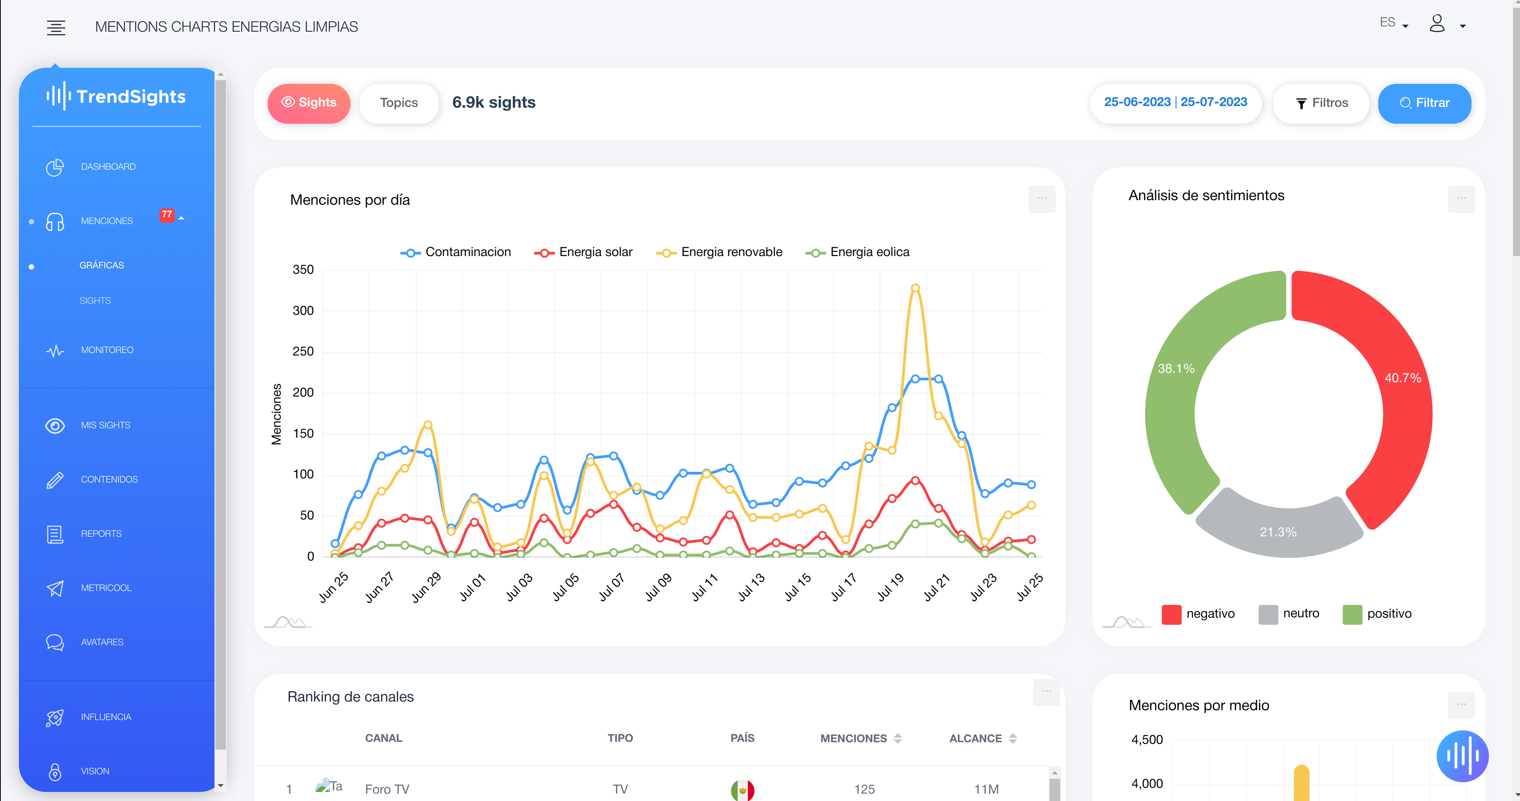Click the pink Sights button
click(309, 103)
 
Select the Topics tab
click(399, 103)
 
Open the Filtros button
click(1322, 103)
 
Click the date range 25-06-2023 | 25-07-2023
click(1175, 102)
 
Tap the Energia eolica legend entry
click(858, 252)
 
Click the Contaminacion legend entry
click(456, 252)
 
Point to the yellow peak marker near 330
click(915, 288)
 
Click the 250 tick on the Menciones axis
click(303, 351)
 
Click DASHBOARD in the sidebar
click(108, 167)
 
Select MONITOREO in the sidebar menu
click(107, 350)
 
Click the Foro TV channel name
click(387, 789)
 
